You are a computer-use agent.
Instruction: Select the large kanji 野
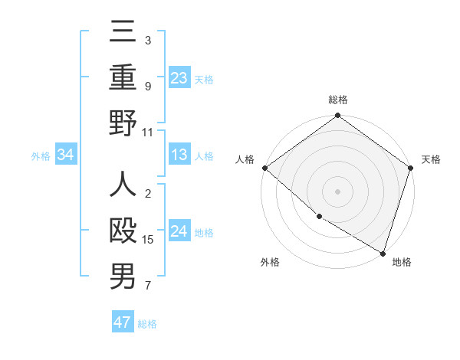click(x=123, y=123)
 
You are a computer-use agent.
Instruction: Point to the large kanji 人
click(x=123, y=185)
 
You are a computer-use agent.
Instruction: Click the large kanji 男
click(x=123, y=277)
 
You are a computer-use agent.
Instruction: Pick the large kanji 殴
click(x=123, y=231)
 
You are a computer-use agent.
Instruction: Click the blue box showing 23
click(x=179, y=78)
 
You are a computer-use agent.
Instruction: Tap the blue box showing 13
click(x=179, y=155)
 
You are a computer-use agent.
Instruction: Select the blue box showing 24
click(x=179, y=231)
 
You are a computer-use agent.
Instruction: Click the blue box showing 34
click(x=65, y=155)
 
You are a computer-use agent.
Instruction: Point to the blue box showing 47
click(x=122, y=322)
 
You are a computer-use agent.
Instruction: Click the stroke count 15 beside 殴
click(x=149, y=240)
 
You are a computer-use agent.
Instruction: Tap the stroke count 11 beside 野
click(x=148, y=132)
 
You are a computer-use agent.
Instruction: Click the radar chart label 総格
click(x=338, y=100)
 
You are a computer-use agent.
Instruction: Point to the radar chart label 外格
click(x=270, y=262)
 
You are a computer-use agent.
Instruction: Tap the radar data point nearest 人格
click(x=264, y=168)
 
